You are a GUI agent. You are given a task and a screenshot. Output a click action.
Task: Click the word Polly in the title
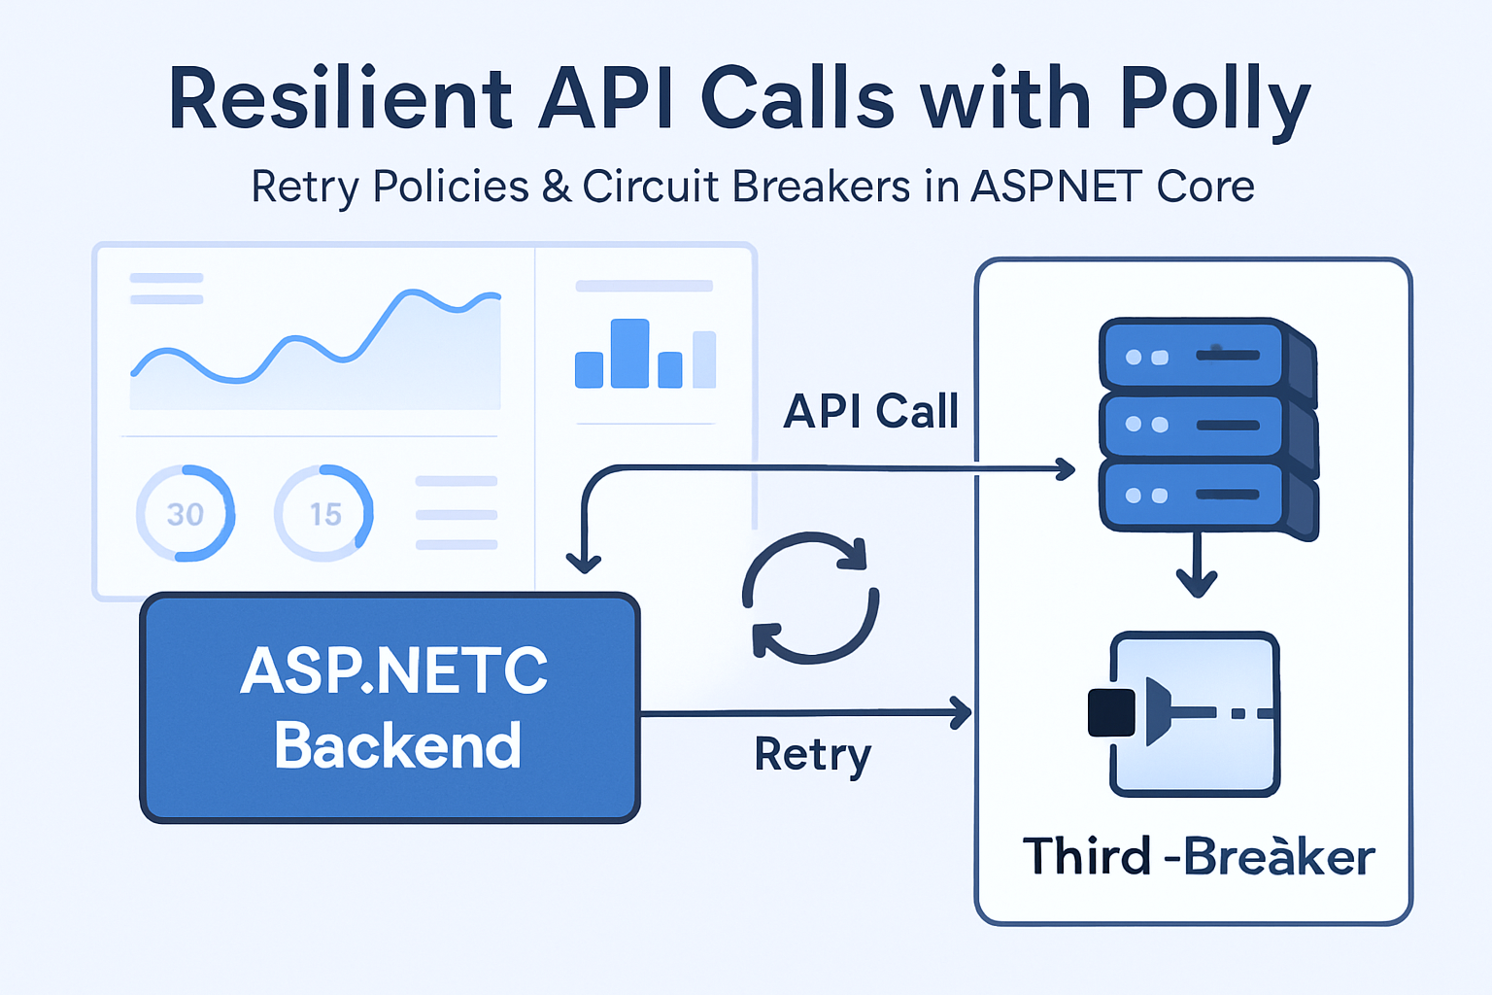1214,100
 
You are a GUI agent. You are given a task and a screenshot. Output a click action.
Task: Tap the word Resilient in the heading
340,100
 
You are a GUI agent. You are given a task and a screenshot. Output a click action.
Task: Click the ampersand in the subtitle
556,187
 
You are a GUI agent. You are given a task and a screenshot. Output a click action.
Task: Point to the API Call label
870,411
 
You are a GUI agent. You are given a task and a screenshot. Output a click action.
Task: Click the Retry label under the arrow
813,755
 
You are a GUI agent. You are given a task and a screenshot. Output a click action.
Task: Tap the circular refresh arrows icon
811,598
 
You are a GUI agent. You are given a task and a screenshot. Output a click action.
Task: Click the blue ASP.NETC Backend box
390,708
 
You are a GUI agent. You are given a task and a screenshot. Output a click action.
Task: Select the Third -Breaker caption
1198,857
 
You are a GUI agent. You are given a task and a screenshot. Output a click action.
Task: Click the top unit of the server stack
1204,356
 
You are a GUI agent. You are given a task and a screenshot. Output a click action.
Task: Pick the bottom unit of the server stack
1204,496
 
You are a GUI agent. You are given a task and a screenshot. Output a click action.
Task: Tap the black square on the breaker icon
1111,712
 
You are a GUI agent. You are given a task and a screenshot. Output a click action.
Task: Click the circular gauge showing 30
185,513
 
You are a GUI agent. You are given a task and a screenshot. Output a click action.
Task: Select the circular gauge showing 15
324,513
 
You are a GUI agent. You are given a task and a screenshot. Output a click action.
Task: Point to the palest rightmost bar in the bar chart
704,360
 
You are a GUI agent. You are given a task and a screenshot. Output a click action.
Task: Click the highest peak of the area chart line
414,292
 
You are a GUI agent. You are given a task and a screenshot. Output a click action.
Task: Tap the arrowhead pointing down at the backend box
584,562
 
